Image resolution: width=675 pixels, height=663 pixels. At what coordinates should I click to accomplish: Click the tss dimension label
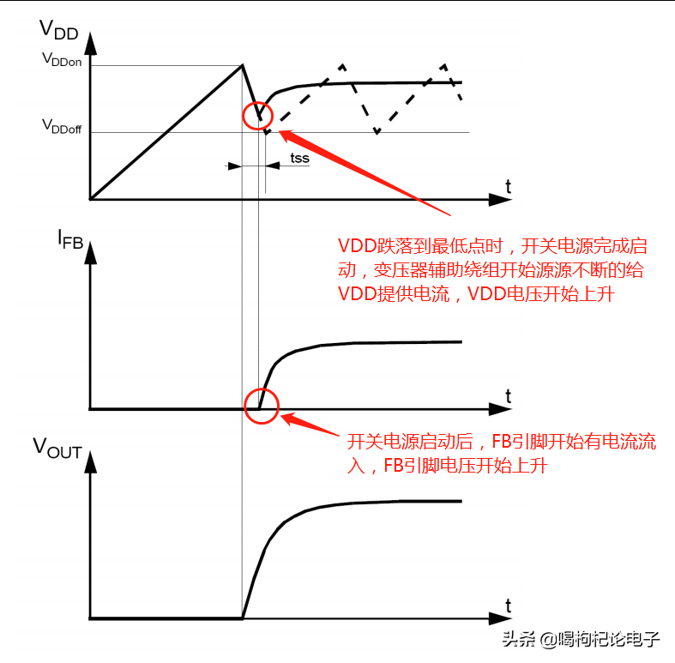tap(299, 158)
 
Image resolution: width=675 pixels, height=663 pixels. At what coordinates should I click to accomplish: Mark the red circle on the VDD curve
tap(257, 115)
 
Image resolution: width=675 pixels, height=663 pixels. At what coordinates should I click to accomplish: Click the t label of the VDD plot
tap(509, 185)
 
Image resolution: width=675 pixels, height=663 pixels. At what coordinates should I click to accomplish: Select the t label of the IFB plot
tap(509, 396)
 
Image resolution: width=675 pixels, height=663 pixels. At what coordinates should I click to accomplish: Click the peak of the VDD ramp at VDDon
tap(243, 64)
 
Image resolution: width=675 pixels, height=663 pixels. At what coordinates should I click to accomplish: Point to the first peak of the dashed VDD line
tap(342, 64)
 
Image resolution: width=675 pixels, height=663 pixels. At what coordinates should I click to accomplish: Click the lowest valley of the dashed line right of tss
tap(377, 132)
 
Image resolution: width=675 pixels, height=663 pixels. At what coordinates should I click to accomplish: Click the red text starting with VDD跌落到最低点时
tap(490, 269)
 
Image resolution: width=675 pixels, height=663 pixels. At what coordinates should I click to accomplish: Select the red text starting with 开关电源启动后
tap(501, 454)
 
